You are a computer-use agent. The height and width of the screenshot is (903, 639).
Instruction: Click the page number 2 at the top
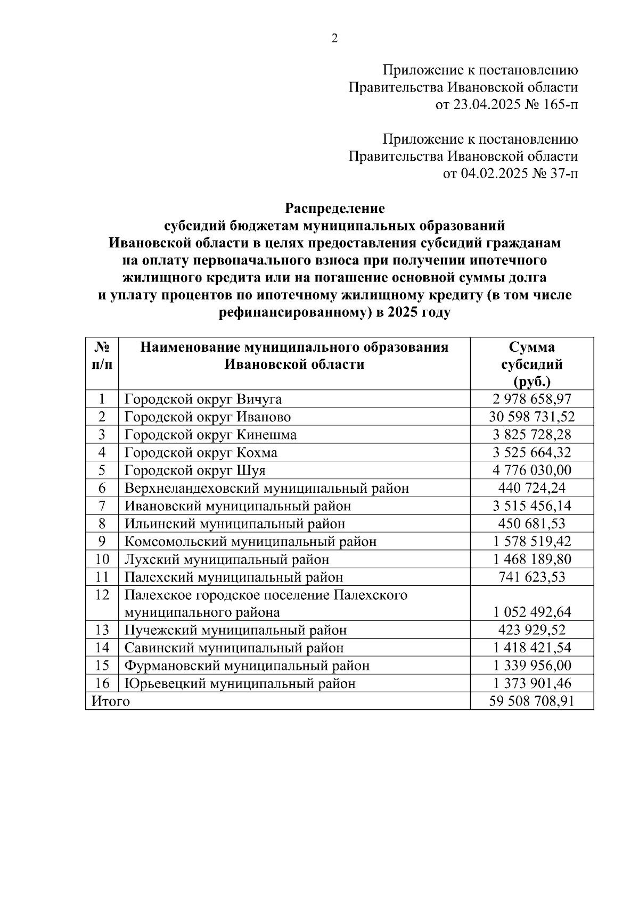[334, 39]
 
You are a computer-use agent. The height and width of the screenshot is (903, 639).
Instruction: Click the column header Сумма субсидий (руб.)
[531, 364]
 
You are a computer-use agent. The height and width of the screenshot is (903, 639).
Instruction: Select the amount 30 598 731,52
[531, 417]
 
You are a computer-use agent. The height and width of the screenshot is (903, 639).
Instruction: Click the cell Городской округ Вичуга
[203, 399]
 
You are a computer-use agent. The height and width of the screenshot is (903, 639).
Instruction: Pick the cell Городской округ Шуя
[195, 470]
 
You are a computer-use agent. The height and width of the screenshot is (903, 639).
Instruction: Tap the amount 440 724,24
[531, 488]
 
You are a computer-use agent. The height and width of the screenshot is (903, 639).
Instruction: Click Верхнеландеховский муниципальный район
[267, 488]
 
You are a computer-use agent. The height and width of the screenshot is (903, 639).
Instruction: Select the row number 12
[102, 595]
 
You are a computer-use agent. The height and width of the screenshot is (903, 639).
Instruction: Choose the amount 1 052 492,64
[531, 612]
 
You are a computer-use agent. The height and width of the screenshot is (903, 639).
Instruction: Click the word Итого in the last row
[111, 701]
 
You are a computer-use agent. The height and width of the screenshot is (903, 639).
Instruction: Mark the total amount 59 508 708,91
[531, 701]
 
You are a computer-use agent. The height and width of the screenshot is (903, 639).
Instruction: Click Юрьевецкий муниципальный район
[240, 684]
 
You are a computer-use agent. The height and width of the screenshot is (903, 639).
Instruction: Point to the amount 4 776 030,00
[531, 470]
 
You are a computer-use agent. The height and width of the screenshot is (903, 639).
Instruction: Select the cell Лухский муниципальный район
[227, 559]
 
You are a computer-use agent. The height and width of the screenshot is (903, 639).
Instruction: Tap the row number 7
[102, 506]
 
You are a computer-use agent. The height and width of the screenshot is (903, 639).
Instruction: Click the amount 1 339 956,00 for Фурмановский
[531, 666]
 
